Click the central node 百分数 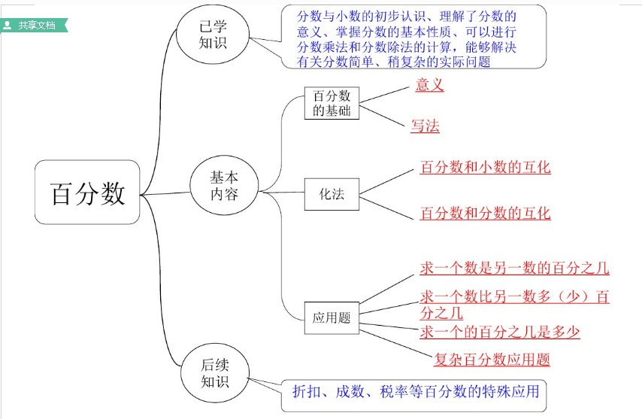87,193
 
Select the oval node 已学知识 213,35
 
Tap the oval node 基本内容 224,185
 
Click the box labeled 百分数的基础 332,103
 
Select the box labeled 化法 332,194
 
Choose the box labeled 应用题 332,317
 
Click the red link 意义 429,86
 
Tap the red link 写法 425,126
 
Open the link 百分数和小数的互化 485,167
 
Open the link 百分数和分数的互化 485,213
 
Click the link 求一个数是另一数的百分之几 514,268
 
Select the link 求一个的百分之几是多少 500,332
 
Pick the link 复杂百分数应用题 492,360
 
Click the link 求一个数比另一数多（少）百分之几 514,297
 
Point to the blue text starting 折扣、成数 416,392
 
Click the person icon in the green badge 8,25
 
